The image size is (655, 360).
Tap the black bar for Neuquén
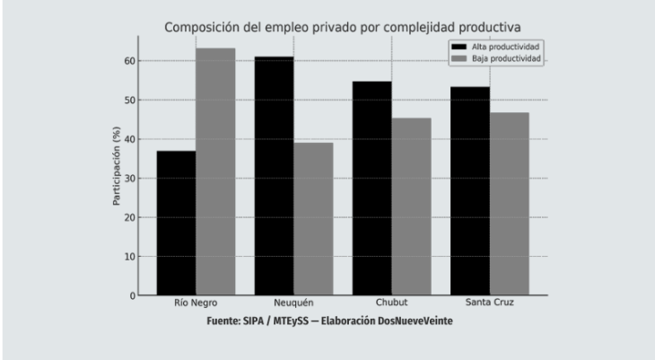[x=274, y=176]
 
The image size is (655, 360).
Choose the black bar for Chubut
[x=371, y=188]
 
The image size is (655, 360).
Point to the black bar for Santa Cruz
[x=469, y=190]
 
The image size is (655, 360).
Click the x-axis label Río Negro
[x=196, y=304]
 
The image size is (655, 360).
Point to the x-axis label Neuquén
[x=293, y=304]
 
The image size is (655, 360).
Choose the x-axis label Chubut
[x=391, y=304]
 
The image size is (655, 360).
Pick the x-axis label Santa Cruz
[x=489, y=304]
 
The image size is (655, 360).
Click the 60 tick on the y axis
[x=128, y=61]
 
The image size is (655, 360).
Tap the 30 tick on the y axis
[x=128, y=178]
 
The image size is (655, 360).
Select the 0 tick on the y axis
[x=131, y=295]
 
